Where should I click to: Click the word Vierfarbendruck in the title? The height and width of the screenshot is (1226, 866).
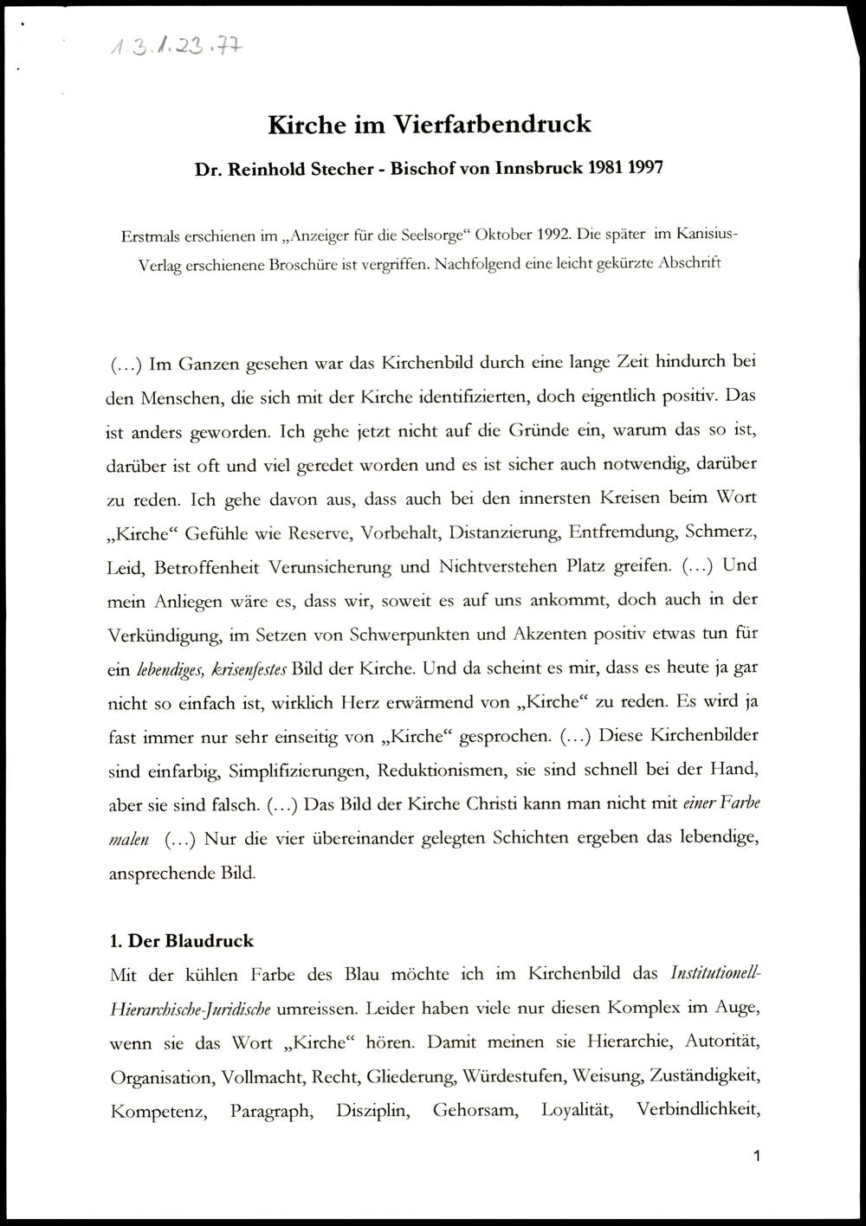(493, 124)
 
